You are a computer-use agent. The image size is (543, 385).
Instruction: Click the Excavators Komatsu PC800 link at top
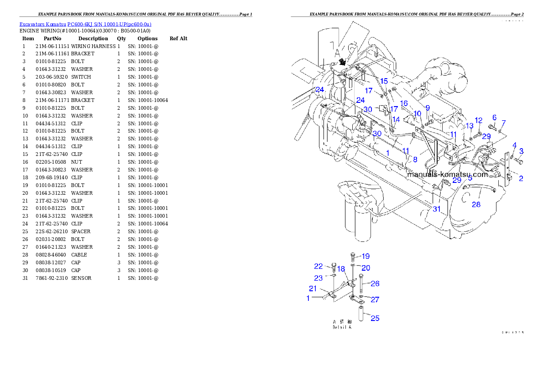point(85,24)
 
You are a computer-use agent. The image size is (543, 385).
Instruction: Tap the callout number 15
point(384,81)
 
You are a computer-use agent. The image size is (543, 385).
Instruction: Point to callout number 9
point(428,108)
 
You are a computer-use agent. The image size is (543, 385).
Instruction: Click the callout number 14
point(396,119)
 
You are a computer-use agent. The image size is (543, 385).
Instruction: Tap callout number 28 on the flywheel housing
point(476,204)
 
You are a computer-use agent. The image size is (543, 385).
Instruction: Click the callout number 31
point(437,209)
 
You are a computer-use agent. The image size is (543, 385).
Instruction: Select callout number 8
point(415,160)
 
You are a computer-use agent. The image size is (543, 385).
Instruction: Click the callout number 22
point(318,267)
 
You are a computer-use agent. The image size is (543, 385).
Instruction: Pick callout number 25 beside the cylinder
point(375,318)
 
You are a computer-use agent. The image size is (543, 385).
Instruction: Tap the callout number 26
point(375,283)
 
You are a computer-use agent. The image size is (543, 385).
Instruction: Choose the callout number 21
point(313,289)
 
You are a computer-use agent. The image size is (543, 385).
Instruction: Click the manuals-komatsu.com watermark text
point(452,174)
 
